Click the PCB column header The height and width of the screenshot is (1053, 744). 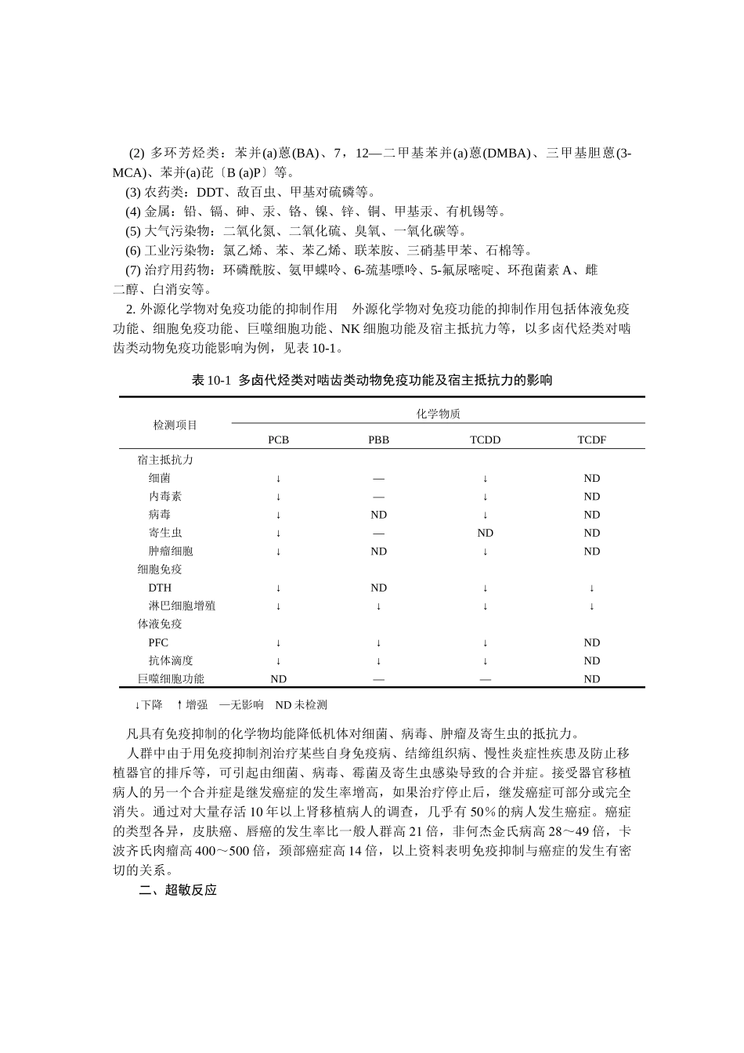pyautogui.click(x=278, y=440)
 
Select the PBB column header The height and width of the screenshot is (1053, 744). pyautogui.click(x=378, y=440)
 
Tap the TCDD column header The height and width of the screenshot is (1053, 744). pyautogui.click(x=485, y=440)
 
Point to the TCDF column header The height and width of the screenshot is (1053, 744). pyautogui.click(x=591, y=440)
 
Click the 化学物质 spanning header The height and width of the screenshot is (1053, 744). pyautogui.click(x=438, y=414)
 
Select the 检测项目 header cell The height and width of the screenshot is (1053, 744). pyautogui.click(x=175, y=425)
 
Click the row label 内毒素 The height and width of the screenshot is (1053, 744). pyautogui.click(x=165, y=496)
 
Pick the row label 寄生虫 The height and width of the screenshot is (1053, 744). pyautogui.click(x=165, y=533)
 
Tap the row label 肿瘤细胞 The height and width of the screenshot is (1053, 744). pyautogui.click(x=171, y=551)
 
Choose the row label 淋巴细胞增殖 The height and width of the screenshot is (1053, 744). pyautogui.click(x=182, y=606)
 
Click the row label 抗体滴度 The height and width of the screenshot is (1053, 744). pyautogui.click(x=171, y=660)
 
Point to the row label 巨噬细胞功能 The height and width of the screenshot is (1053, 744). pyautogui.click(x=171, y=678)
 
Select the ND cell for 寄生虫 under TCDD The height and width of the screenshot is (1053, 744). pyautogui.click(x=485, y=533)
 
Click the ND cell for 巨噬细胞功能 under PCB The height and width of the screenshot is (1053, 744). pyautogui.click(x=278, y=679)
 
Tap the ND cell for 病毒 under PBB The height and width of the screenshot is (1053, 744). pyautogui.click(x=378, y=515)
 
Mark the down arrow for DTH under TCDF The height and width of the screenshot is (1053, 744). pyautogui.click(x=591, y=588)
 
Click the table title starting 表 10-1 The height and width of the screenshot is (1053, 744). pyautogui.click(x=372, y=380)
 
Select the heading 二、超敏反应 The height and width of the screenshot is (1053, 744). pyautogui.click(x=178, y=890)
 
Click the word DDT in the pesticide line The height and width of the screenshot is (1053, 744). pyautogui.click(x=210, y=192)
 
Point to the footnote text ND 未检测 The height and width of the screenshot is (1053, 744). pyautogui.click(x=301, y=704)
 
